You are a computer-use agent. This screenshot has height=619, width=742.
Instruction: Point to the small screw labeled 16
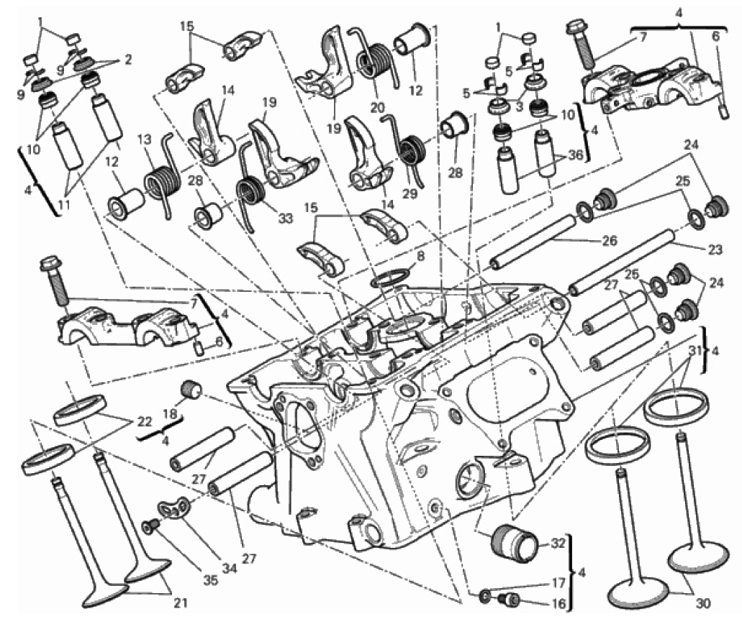point(511,598)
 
